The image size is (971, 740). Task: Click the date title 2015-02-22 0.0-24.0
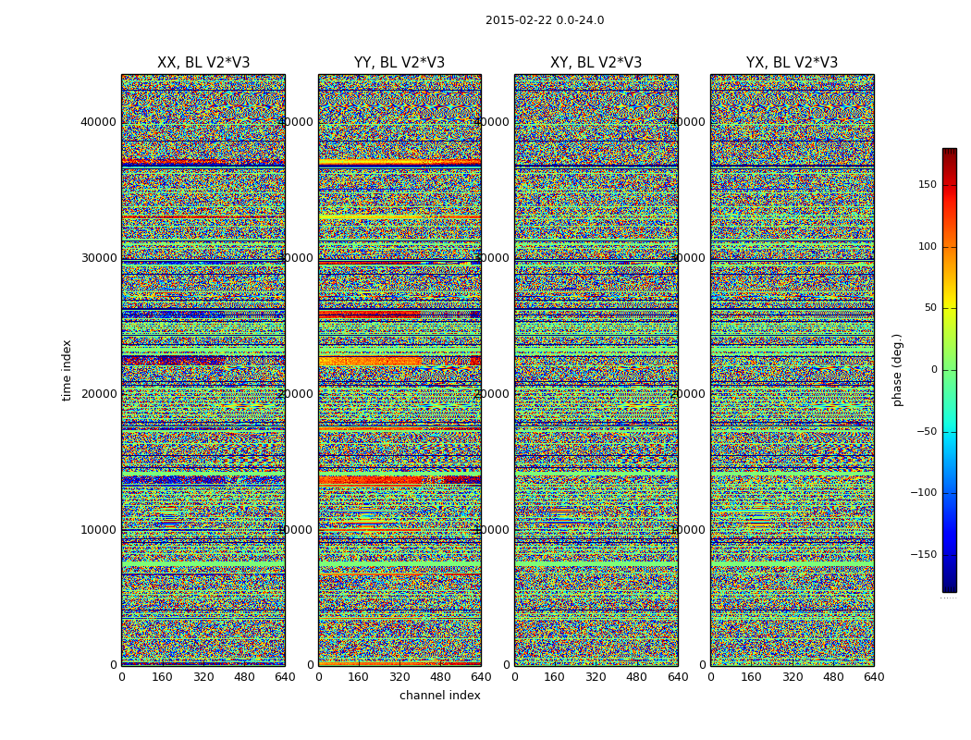pyautogui.click(x=545, y=20)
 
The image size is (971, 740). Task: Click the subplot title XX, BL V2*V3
pyautogui.click(x=203, y=63)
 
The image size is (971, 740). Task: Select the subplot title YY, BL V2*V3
pyautogui.click(x=399, y=63)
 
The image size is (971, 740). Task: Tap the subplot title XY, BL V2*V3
pyautogui.click(x=596, y=63)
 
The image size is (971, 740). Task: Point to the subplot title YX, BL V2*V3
pyautogui.click(x=792, y=63)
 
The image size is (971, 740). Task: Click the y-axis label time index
pyautogui.click(x=67, y=370)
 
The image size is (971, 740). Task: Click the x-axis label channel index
pyautogui.click(x=440, y=696)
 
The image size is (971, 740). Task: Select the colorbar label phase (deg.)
pyautogui.click(x=897, y=370)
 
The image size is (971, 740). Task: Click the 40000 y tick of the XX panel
pyautogui.click(x=98, y=122)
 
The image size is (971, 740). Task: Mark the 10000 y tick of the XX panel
pyautogui.click(x=98, y=530)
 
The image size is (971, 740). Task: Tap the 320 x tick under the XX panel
pyautogui.click(x=203, y=677)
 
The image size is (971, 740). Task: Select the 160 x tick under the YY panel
pyautogui.click(x=359, y=677)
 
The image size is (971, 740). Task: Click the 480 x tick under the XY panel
pyautogui.click(x=637, y=677)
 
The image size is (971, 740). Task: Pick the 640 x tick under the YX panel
pyautogui.click(x=874, y=677)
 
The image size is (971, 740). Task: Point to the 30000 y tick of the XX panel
pyautogui.click(x=98, y=258)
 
